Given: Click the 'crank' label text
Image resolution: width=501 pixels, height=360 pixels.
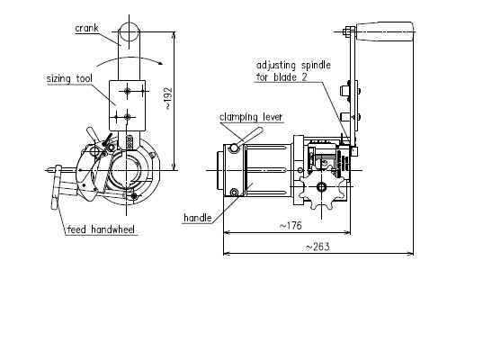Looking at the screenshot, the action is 86,29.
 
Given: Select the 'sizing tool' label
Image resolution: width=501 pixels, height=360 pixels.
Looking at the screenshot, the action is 69,78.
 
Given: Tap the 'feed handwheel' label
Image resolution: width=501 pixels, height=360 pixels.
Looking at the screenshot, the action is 101,229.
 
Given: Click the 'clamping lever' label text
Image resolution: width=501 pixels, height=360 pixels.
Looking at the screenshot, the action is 251,117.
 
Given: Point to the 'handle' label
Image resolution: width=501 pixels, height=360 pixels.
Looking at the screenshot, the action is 198,218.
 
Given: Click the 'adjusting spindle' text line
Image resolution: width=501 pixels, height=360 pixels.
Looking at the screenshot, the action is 293,65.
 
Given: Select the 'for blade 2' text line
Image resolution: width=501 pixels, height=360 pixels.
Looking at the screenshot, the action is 282,77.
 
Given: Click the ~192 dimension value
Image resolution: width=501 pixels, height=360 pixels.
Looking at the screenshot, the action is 169,98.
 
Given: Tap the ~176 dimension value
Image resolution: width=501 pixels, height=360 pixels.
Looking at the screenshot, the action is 291,226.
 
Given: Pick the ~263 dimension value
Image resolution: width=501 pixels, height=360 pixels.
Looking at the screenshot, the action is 318,247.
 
